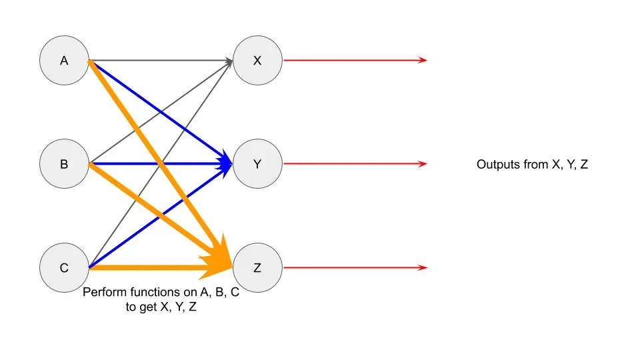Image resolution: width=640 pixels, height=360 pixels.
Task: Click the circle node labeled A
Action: (x=64, y=61)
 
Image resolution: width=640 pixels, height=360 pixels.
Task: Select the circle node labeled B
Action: (x=64, y=164)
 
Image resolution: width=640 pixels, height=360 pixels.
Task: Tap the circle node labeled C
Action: (x=64, y=268)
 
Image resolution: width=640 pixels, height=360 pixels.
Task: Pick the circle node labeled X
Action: (x=257, y=61)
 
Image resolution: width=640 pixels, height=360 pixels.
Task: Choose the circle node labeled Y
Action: (x=257, y=164)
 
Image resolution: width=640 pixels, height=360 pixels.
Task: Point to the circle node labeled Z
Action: (x=257, y=268)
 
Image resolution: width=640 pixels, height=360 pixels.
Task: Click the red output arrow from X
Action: (x=353, y=61)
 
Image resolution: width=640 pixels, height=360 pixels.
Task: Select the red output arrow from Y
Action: (x=353, y=164)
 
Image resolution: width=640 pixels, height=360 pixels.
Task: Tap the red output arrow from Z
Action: (x=353, y=268)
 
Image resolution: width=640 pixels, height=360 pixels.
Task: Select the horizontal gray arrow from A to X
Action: (x=160, y=61)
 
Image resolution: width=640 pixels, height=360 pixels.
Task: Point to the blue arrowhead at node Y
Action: (x=227, y=163)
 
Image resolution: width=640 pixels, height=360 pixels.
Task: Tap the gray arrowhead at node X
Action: (x=229, y=61)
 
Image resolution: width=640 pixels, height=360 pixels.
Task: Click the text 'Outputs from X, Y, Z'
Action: (x=532, y=165)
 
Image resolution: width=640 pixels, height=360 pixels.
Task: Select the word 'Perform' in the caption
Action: (x=102, y=293)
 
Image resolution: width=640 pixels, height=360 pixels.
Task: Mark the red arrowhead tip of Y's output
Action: (x=424, y=164)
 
